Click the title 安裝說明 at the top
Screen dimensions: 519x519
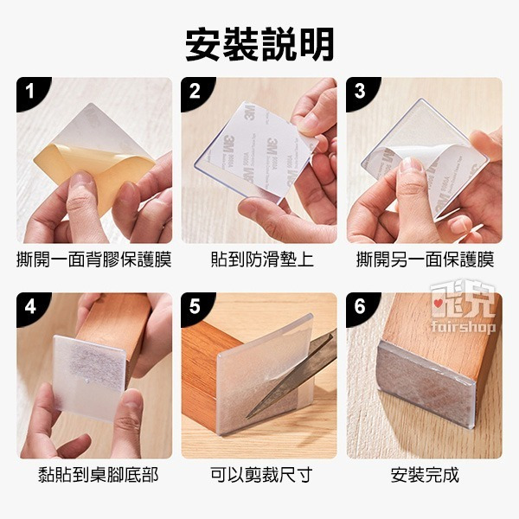259,44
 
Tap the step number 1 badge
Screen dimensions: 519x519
29,90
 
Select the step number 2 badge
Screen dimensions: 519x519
195,90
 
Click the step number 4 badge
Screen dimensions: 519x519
29,305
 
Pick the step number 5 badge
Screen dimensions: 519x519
195,305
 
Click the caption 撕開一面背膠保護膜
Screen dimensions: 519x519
94,259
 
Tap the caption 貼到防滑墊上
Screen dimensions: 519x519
259,259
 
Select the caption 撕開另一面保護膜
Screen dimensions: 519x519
425,259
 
